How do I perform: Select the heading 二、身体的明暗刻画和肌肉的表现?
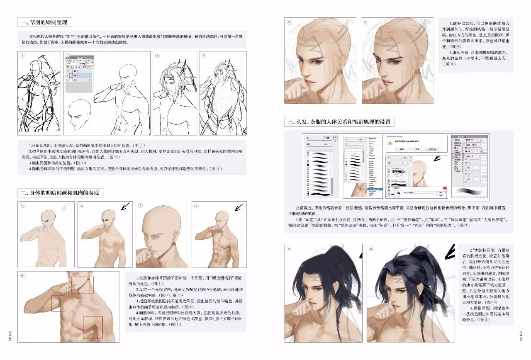(61, 192)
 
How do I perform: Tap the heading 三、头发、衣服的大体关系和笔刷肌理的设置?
(339, 122)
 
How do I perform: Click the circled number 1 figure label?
(22, 56)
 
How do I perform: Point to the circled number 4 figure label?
(204, 56)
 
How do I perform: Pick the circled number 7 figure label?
(140, 206)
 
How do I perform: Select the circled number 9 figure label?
(22, 276)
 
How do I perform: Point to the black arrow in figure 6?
(124, 207)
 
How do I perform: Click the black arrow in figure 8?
(239, 207)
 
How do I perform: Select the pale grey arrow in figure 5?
(66, 206)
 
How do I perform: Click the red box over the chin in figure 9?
(82, 285)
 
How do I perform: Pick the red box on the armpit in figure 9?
(58, 303)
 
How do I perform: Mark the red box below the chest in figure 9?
(93, 327)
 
